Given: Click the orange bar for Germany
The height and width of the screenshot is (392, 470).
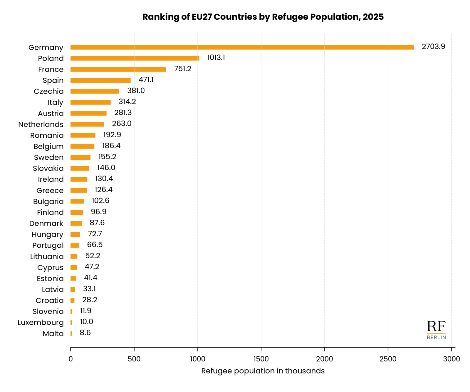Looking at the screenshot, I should point(242,47).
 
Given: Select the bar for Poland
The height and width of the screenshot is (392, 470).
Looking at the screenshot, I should point(135,58).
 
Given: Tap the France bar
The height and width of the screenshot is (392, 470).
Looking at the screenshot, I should point(118,69).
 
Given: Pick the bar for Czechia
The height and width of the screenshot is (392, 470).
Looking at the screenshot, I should point(95,91).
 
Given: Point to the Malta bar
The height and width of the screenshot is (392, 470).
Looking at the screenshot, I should point(71,333).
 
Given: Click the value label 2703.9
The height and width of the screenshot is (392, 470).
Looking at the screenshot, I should point(433,46).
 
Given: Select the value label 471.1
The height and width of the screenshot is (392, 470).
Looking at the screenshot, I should point(146,80).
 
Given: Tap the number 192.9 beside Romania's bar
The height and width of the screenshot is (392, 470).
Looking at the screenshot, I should point(112,135).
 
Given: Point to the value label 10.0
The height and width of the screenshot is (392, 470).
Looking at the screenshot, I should point(86,322).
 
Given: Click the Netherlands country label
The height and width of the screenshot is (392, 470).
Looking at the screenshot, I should point(41,124).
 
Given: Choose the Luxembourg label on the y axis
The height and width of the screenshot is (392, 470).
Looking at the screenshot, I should point(41,323).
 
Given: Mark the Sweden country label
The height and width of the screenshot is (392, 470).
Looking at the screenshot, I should point(49,157).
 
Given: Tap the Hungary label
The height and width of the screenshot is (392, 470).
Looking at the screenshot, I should point(47,235).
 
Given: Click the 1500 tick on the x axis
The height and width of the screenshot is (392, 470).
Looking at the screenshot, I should point(261,359).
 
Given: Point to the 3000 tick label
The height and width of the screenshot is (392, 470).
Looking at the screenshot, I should point(451,359).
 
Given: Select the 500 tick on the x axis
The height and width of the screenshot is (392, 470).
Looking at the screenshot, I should point(134,359).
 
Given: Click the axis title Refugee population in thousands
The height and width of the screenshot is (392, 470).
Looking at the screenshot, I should point(263,371).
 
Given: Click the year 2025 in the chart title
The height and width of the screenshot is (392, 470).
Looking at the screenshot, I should point(373,17).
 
